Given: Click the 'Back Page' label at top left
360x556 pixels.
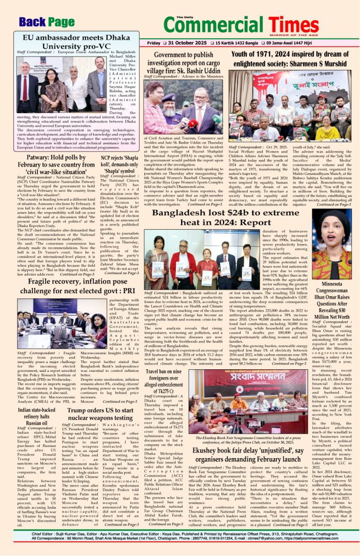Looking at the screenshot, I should coord(46,22).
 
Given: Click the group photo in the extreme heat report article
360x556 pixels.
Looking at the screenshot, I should coord(193,261).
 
